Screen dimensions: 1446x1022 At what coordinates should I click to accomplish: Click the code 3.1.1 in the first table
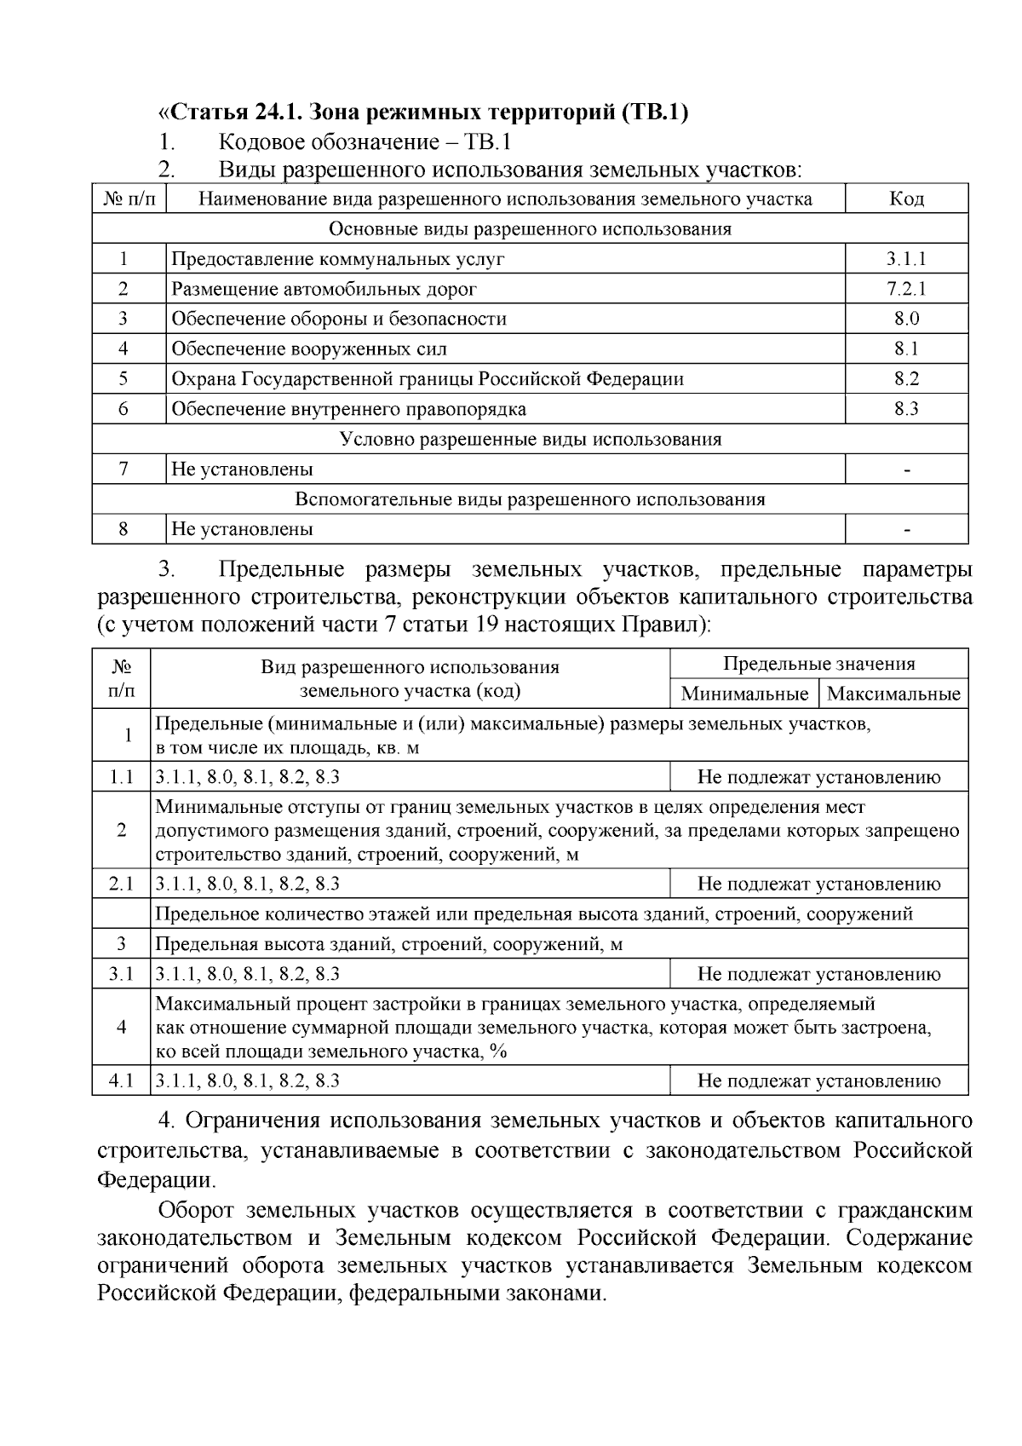coord(905,259)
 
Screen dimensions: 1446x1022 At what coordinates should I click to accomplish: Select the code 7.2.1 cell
coord(905,289)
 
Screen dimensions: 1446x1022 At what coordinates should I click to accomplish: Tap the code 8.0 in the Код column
coord(906,319)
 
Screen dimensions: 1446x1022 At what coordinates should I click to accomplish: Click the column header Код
coord(906,199)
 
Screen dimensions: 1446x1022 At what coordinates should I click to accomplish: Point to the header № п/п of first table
coord(129,199)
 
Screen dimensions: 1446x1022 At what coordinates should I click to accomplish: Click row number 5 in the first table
coord(123,379)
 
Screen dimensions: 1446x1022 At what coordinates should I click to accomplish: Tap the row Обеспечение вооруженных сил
coord(309,349)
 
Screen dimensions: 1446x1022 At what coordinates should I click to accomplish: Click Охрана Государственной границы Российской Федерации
coord(428,379)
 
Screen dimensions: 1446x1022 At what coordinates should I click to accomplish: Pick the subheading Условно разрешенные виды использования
coord(530,439)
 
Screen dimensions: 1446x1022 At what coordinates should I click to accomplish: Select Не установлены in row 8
coord(242,529)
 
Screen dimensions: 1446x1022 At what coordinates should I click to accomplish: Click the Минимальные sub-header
coord(744,694)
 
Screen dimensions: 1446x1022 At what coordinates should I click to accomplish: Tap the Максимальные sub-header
coord(893,694)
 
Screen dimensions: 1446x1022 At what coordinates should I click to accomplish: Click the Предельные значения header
coord(818,664)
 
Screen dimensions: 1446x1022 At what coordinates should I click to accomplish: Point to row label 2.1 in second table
coord(121,884)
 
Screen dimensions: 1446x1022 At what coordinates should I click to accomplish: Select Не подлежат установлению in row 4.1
coord(818,1080)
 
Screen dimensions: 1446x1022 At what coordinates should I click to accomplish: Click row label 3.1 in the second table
coord(121,974)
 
